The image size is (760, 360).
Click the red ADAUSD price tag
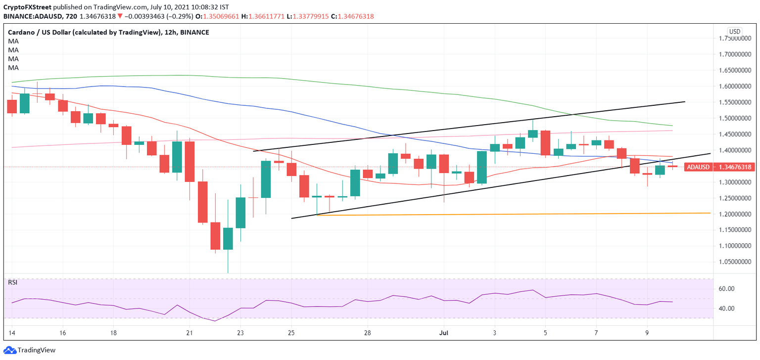point(719,167)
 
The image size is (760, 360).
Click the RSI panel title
point(12,282)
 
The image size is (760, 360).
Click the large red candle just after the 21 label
point(202,202)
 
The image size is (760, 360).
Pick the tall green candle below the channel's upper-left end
point(266,179)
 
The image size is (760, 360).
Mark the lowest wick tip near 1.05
point(228,272)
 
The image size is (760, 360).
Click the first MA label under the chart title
point(13,41)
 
